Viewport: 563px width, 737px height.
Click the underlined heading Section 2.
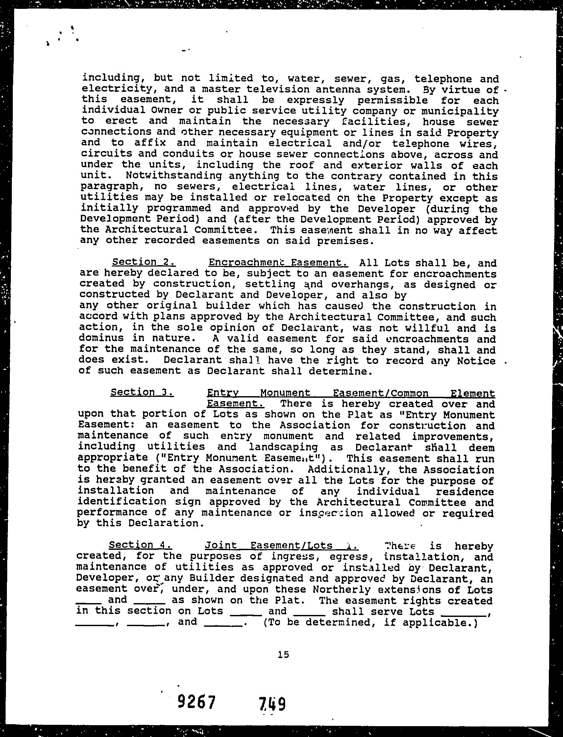144,262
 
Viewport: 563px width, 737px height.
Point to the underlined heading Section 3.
142,392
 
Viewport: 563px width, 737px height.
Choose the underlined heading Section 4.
141,545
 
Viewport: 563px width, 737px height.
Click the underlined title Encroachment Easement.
278,262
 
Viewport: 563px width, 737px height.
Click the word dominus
102,338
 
